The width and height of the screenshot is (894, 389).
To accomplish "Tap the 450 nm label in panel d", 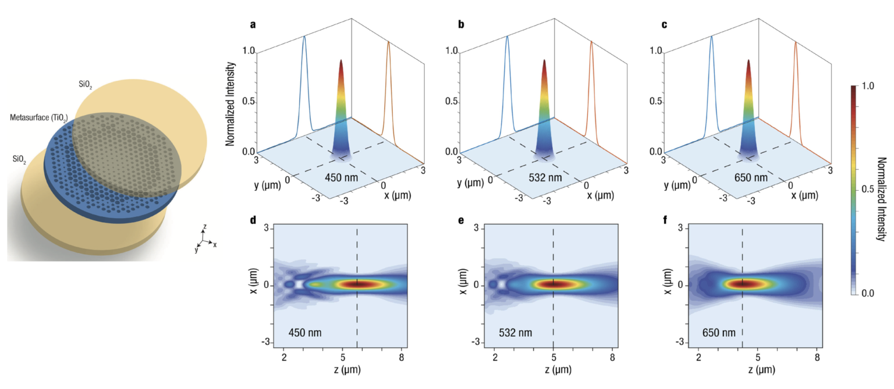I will click(305, 333).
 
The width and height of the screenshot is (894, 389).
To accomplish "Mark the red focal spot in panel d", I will click(358, 284).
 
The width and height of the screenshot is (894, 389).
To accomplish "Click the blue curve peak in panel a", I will click(303, 37).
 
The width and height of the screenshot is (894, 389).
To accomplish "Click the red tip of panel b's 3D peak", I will click(544, 62).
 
